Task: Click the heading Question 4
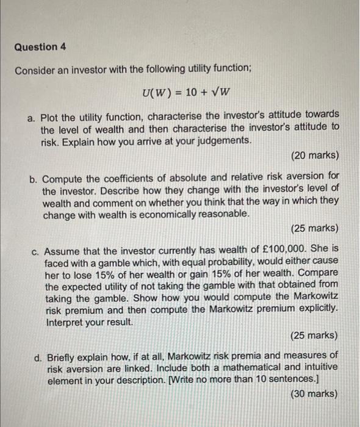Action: pyautogui.click(x=40, y=47)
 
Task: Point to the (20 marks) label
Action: pyautogui.click(x=315, y=156)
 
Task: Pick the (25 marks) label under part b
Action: pyautogui.click(x=315, y=228)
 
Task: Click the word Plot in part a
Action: pyautogui.click(x=52, y=115)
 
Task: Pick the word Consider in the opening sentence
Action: pyautogui.click(x=35, y=70)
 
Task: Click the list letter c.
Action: pyautogui.click(x=36, y=250)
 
